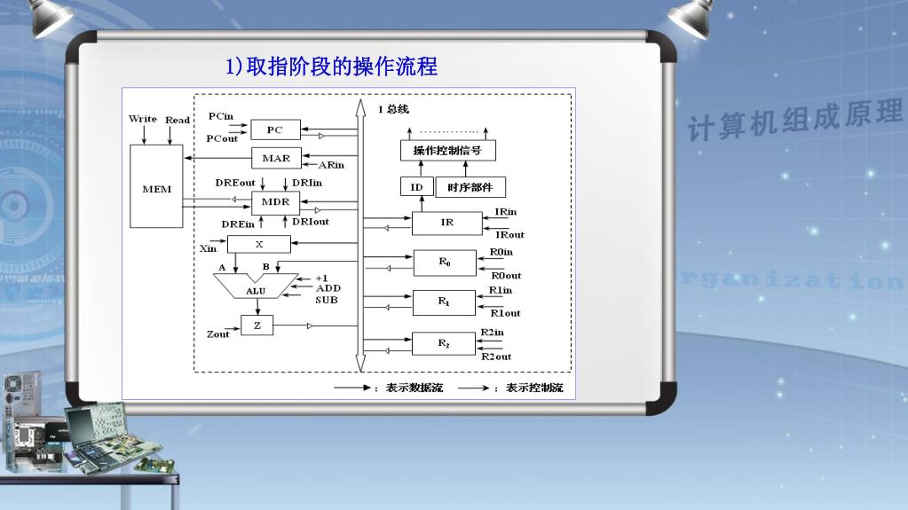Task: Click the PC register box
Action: (275, 130)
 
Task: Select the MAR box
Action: (276, 159)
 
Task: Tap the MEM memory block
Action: (156, 188)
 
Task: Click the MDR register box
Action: (275, 202)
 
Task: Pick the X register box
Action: (259, 244)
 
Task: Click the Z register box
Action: (257, 326)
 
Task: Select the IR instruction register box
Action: (447, 223)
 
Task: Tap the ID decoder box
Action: (416, 187)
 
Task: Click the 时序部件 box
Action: (470, 187)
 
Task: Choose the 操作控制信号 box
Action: (447, 151)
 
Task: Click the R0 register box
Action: (445, 263)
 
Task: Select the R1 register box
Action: (445, 302)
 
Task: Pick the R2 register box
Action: (445, 343)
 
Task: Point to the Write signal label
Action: (143, 119)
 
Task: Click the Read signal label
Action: (178, 120)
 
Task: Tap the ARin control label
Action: (332, 164)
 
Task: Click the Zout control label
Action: (217, 334)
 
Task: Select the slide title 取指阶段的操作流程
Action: (331, 67)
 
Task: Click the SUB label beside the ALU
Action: (328, 300)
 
